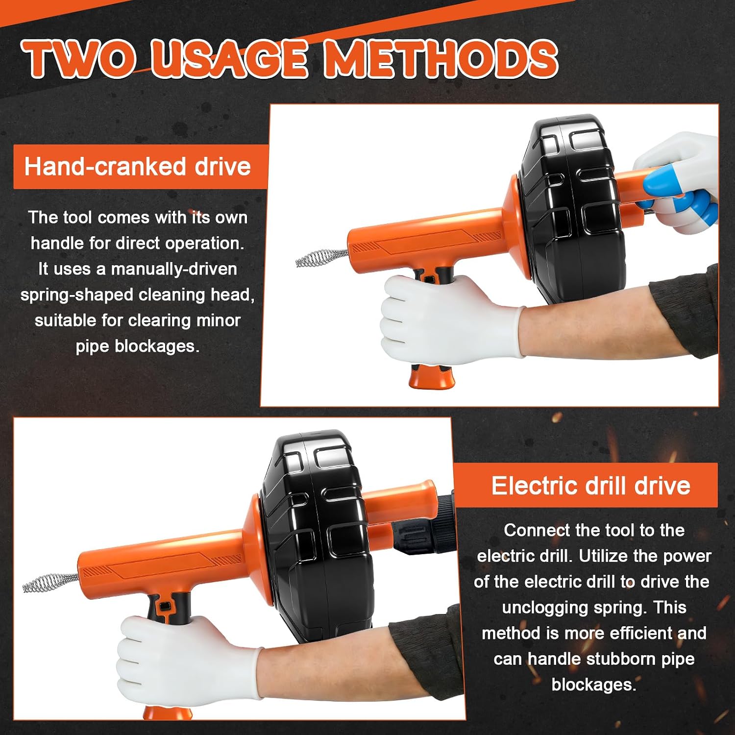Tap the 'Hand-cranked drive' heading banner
141,167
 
